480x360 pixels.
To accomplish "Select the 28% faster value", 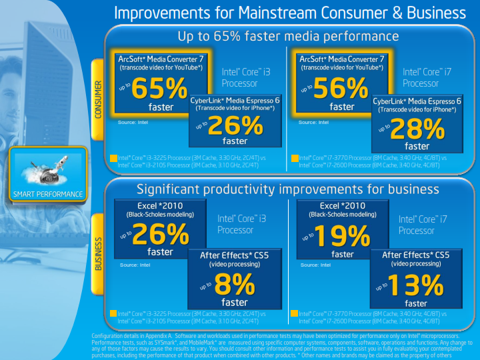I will tap(417, 129).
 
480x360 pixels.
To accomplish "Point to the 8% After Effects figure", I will tap(230, 286).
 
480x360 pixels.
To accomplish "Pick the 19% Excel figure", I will tap(341, 236).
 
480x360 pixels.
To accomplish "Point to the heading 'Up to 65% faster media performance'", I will tap(287, 37).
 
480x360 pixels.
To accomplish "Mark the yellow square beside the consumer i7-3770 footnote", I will tap(295, 159).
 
